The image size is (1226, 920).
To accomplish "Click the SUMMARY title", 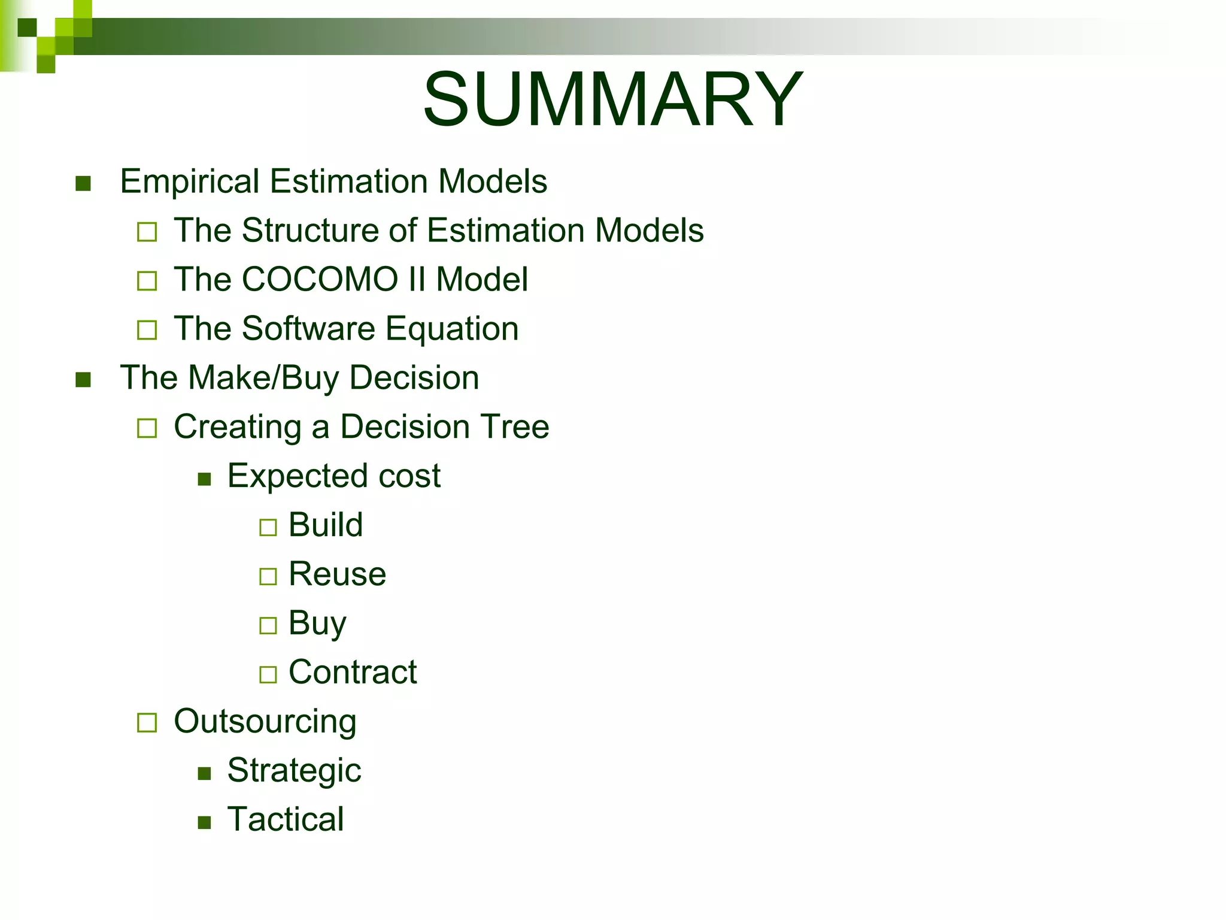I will point(612,99).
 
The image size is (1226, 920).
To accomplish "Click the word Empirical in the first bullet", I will point(189,181).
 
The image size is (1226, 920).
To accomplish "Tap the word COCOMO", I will point(320,280).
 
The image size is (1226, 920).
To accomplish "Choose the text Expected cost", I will point(334,476).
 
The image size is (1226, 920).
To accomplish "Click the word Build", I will point(326,525).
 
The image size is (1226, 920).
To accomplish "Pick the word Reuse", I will point(337,574).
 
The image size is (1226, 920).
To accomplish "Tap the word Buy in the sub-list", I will point(317,624).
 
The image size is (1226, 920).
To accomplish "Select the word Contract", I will point(353,673).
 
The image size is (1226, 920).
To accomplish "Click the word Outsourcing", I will point(265,722).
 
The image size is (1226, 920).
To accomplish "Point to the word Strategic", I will point(294,771).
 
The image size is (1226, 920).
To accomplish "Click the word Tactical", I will point(286,820).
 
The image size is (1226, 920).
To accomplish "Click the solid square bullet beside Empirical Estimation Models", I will point(83,183).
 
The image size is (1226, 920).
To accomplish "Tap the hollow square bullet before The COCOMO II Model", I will point(147,281).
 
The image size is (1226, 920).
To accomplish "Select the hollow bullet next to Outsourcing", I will point(147,723).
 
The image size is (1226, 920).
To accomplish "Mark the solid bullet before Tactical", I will point(205,822).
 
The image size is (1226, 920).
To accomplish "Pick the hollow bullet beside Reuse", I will point(268,577).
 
